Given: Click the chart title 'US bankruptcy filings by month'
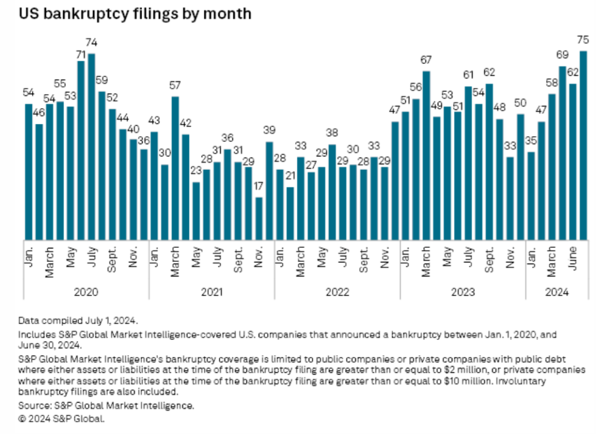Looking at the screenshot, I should click(x=135, y=14).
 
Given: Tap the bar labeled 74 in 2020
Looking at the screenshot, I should click(x=91, y=145).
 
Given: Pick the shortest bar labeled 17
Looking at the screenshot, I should click(x=259, y=218).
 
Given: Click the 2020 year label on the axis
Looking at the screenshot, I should click(x=86, y=291).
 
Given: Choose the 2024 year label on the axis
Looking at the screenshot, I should click(x=556, y=291).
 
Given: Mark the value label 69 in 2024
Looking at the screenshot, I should click(x=562, y=55).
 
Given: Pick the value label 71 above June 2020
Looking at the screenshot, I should click(x=81, y=55).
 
